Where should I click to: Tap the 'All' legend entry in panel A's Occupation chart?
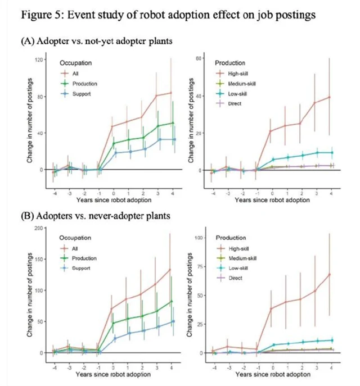[76, 74]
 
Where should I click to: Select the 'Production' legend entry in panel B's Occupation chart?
[84, 258]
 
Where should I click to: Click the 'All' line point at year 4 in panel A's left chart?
[171, 93]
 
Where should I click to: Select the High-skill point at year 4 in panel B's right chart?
[330, 274]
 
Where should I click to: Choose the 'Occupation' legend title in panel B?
[75, 238]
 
